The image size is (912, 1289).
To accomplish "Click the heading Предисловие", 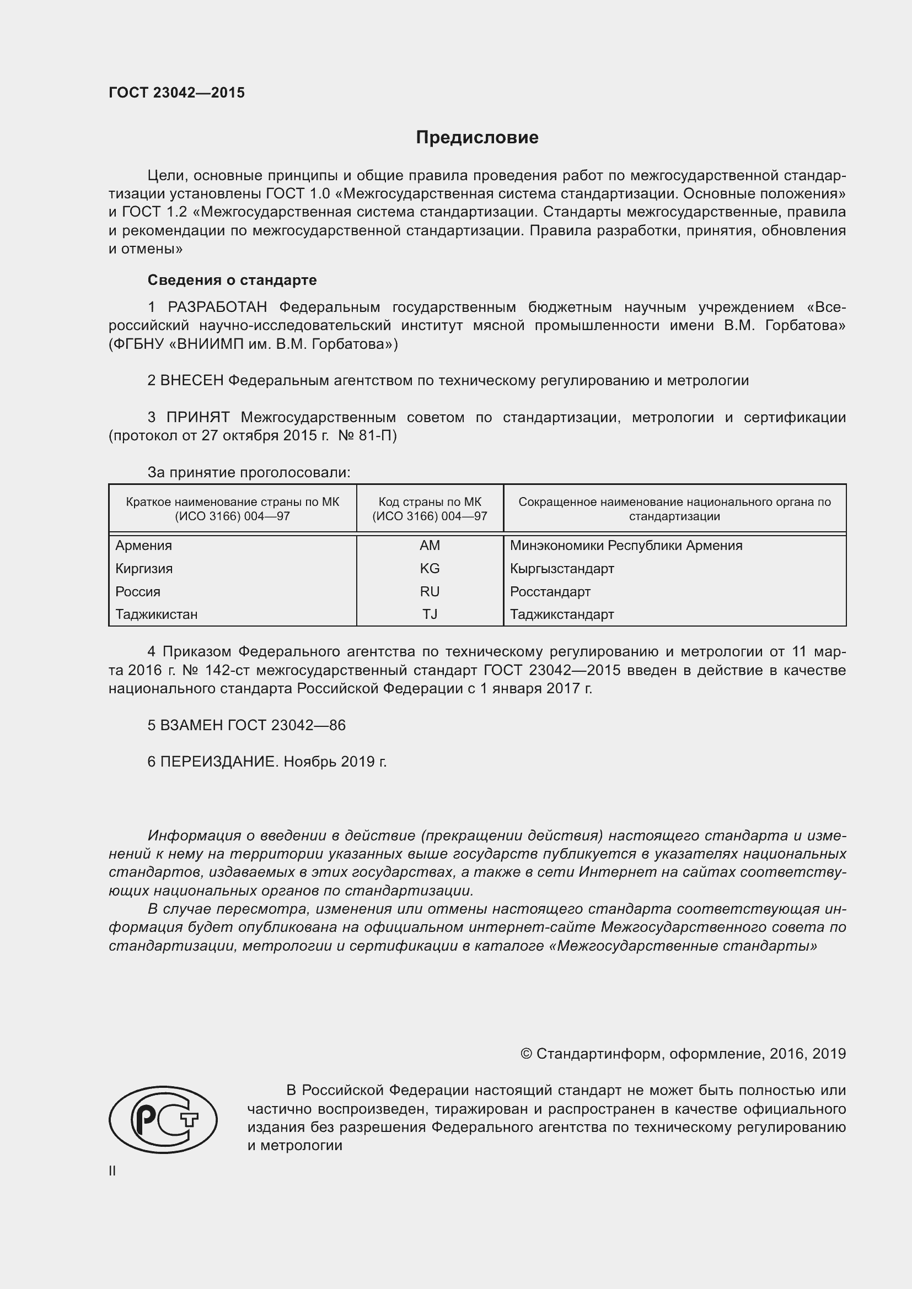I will click(x=477, y=138).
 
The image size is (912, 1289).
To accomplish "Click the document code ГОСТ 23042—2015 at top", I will click(x=176, y=93).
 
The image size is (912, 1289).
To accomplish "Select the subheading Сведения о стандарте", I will click(x=232, y=279).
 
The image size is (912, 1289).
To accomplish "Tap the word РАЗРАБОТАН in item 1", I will click(x=217, y=307).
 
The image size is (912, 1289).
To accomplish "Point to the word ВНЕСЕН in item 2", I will click(x=191, y=381).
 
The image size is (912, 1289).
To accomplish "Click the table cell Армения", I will click(x=144, y=546).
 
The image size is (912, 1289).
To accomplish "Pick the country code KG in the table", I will click(x=430, y=569).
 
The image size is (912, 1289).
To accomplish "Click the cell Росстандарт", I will click(x=550, y=592).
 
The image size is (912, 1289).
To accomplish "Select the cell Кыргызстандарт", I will click(x=561, y=569).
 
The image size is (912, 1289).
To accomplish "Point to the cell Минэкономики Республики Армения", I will click(x=626, y=546).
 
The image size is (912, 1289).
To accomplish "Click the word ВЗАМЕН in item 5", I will click(x=191, y=725).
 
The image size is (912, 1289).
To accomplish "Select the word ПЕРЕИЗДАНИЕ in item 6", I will click(x=219, y=762).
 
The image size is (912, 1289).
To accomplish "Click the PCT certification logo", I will click(x=163, y=1119).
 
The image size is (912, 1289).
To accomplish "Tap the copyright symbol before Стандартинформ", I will click(x=526, y=1054).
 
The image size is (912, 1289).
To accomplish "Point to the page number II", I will click(x=112, y=1171).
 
